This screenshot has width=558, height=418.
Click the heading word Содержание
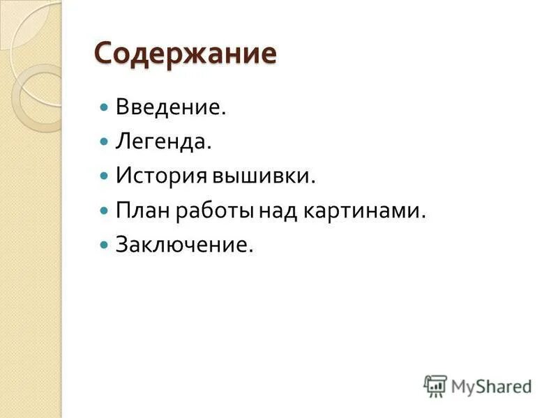coord(185,54)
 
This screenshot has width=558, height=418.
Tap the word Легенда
coord(163,142)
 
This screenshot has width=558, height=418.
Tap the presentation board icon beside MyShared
coord(435,385)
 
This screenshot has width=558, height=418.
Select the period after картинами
coord(423,217)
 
